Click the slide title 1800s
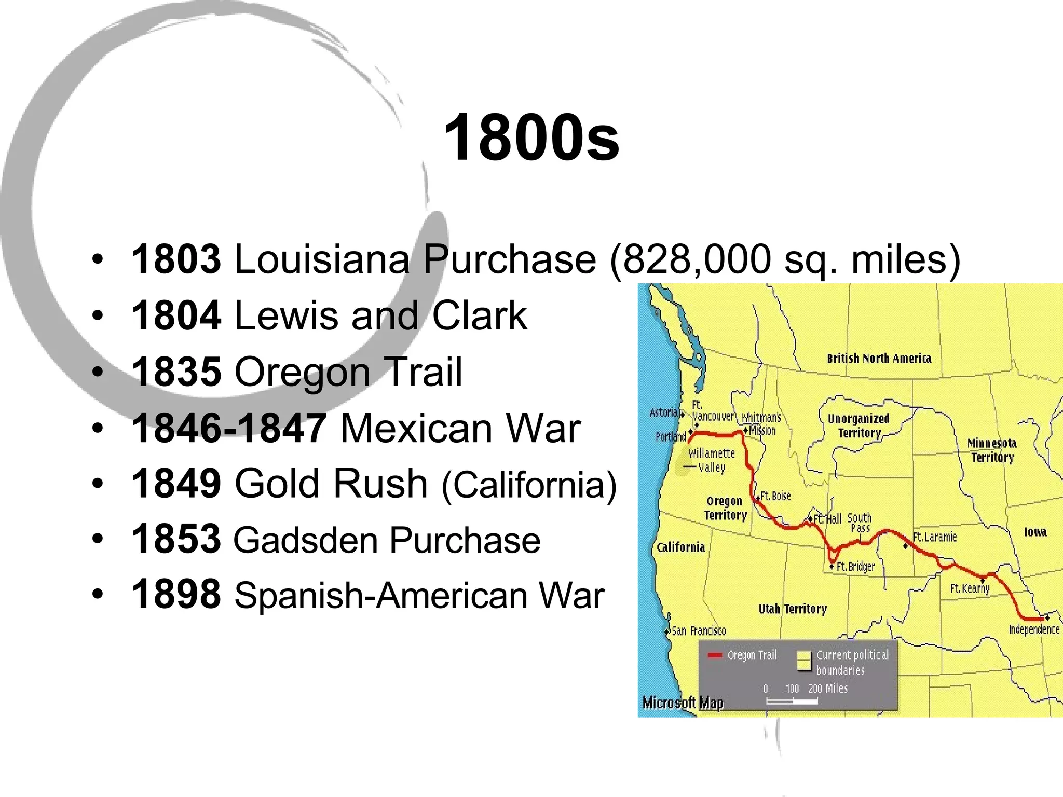click(531, 138)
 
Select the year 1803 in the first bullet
click(176, 259)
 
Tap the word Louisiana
click(322, 259)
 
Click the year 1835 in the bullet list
click(176, 372)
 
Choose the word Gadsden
click(306, 540)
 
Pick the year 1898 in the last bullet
click(176, 595)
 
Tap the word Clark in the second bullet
click(479, 315)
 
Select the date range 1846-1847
click(229, 428)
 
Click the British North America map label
click(879, 359)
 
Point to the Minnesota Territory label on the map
click(992, 450)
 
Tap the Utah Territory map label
click(792, 609)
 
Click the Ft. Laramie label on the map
click(935, 537)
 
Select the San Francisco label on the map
click(699, 631)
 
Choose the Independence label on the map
click(1034, 629)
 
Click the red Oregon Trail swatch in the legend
click(715, 655)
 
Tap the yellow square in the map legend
click(803, 661)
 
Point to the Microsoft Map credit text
click(683, 703)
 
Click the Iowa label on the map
click(1035, 532)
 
